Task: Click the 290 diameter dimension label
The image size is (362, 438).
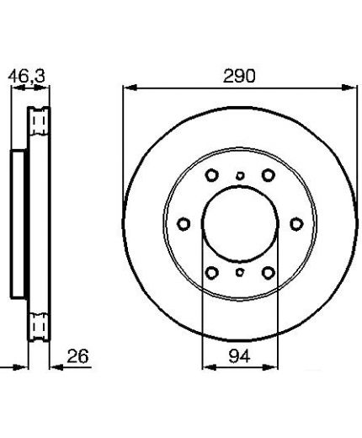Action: point(239,76)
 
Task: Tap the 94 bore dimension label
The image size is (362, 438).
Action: point(239,356)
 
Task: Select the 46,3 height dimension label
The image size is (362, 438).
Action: point(26,76)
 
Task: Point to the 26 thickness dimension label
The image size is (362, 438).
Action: point(77,356)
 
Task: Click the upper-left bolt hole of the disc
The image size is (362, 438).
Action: point(211,175)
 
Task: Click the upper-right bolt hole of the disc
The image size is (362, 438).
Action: point(269,175)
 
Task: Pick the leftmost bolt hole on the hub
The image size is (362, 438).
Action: point(184,224)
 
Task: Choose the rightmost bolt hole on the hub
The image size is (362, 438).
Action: point(296,224)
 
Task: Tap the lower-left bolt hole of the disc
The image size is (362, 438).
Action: point(211,272)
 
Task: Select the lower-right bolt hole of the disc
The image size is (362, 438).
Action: point(269,272)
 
